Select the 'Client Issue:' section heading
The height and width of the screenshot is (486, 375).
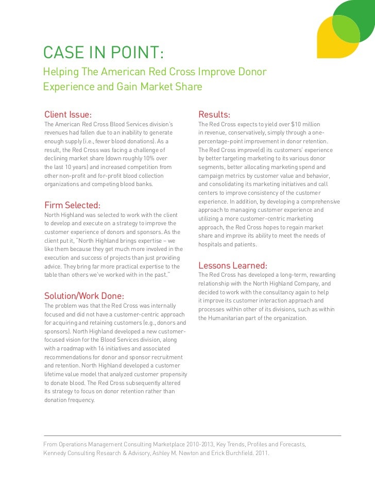pyautogui.click(x=68, y=114)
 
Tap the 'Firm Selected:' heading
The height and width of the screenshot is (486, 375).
pyautogui.click(x=72, y=205)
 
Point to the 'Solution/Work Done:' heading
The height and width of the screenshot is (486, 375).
pyautogui.click(x=84, y=296)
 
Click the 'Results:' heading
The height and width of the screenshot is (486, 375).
pyautogui.click(x=214, y=114)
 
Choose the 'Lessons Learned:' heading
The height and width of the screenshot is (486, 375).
pyautogui.click(x=233, y=265)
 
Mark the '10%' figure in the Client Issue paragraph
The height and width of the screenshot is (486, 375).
pyautogui.click(x=147, y=158)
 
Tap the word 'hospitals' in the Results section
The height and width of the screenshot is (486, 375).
pyautogui.click(x=210, y=244)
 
